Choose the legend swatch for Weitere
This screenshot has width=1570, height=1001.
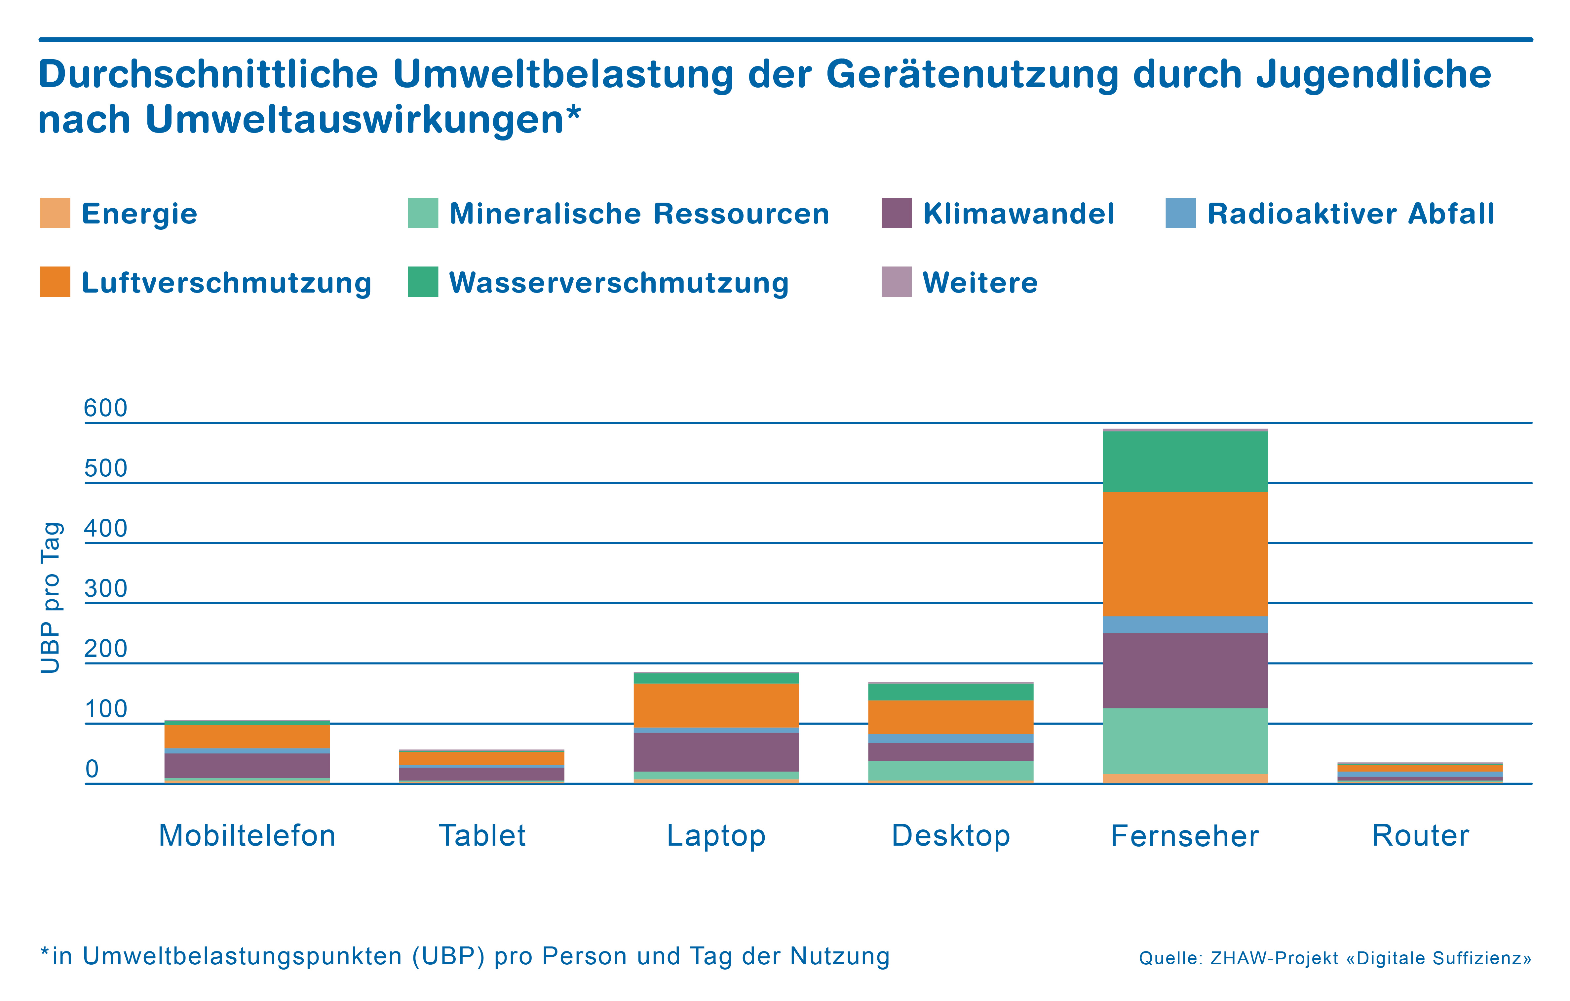pyautogui.click(x=897, y=282)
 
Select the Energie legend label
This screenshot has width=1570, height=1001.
pyautogui.click(x=139, y=214)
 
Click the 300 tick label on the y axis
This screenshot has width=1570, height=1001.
pyautogui.click(x=106, y=589)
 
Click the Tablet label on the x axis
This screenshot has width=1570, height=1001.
pyautogui.click(x=482, y=835)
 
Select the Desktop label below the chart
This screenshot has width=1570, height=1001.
pyautogui.click(x=951, y=835)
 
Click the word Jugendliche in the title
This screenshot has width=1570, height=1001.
pyautogui.click(x=1373, y=74)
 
